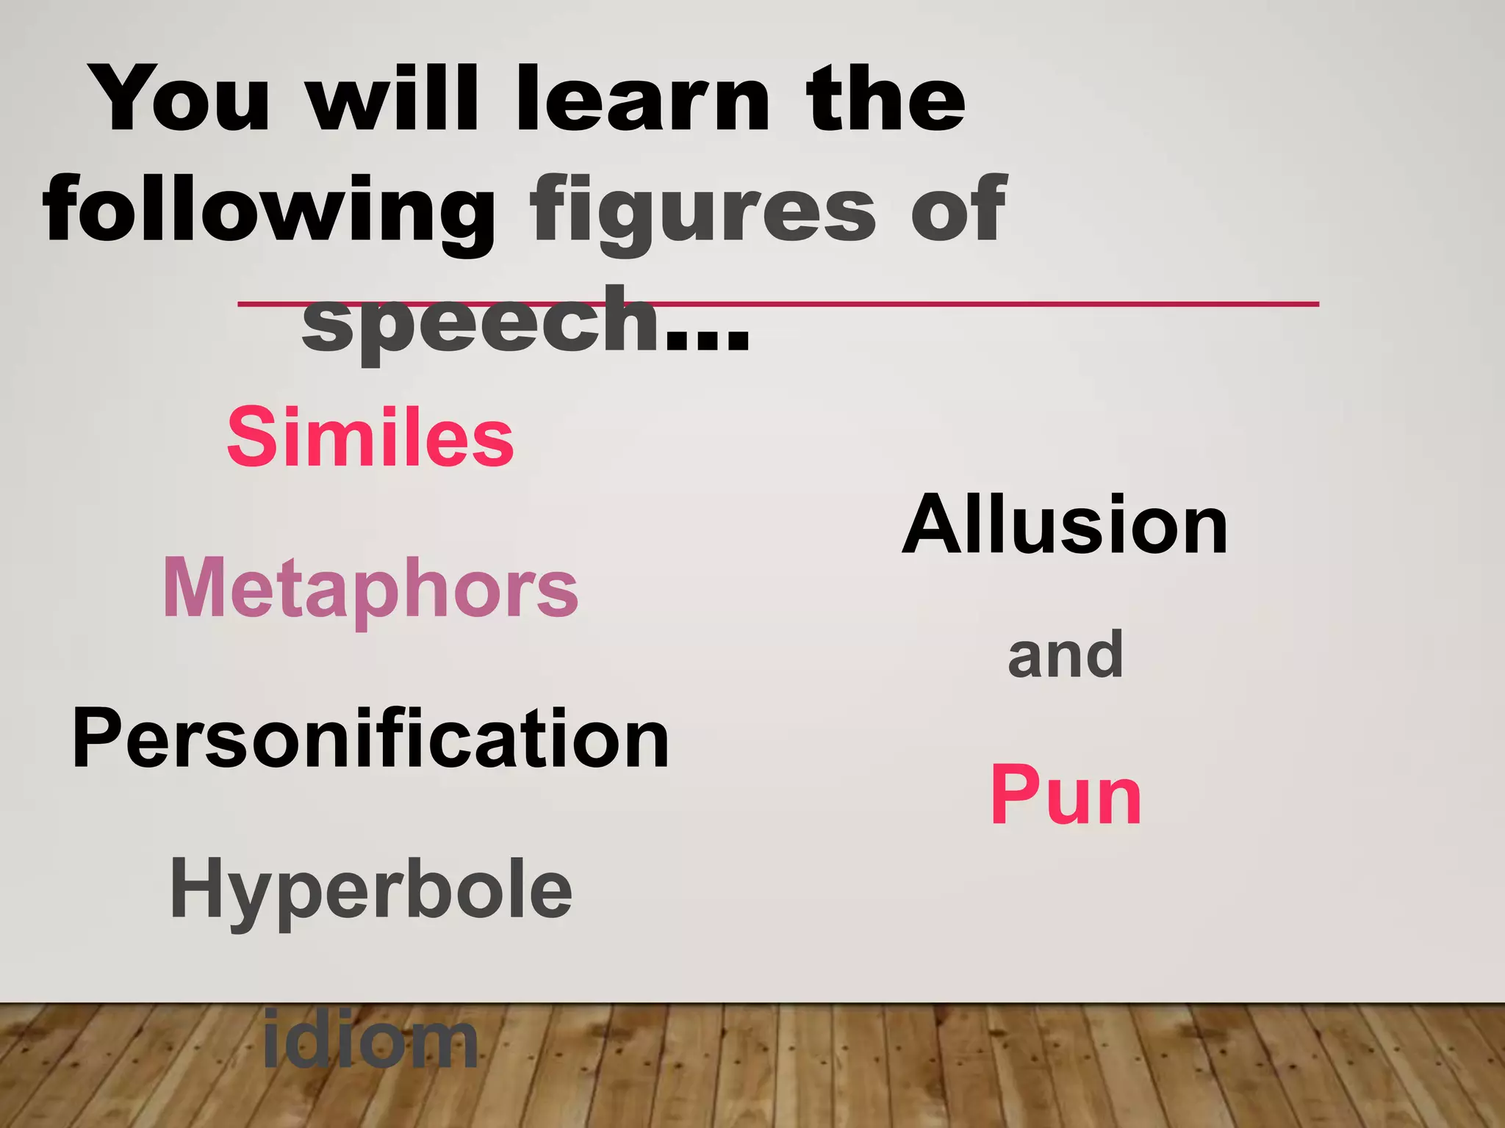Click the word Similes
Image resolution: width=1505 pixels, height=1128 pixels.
370,438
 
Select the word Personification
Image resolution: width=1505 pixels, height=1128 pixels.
370,739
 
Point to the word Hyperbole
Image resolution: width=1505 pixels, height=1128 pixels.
370,890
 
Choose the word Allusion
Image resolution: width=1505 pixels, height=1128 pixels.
1065,526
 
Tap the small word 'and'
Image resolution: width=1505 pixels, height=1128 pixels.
1065,655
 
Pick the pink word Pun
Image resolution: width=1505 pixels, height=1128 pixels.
1066,796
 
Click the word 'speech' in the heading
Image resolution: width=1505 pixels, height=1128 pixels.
481,323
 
